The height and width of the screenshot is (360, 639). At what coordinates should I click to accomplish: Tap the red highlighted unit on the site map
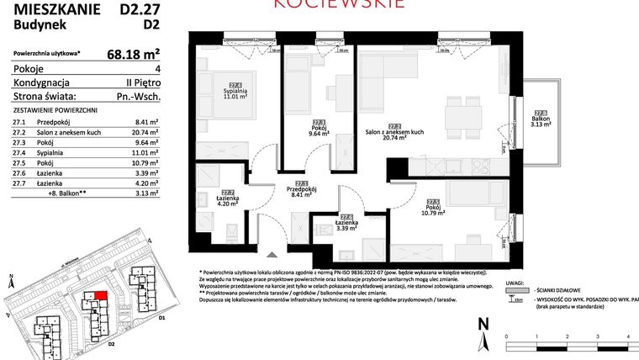click(x=100, y=294)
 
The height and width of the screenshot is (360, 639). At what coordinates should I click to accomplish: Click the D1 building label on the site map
click(x=161, y=319)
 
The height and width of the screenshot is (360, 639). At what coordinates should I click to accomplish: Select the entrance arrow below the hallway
click(x=270, y=255)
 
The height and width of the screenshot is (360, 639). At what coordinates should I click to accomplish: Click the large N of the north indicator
click(x=482, y=324)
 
